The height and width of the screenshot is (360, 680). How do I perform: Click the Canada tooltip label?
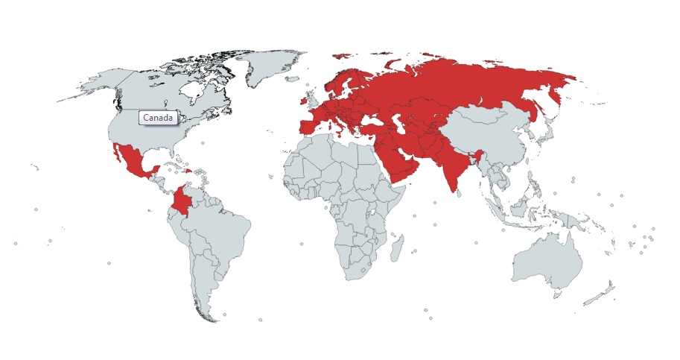158,119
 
